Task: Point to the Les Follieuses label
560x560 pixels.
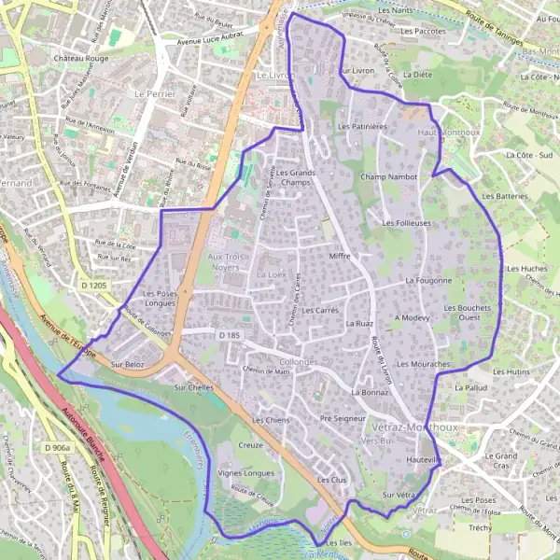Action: coord(407,224)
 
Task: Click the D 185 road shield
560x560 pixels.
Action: coord(229,334)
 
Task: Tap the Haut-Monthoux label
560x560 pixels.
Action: coord(441,134)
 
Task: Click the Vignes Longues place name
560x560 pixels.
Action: coord(245,473)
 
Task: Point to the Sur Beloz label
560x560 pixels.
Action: coord(128,364)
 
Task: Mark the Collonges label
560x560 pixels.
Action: coord(299,361)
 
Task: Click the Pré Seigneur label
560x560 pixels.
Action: coord(342,419)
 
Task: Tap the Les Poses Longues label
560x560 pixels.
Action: coord(161,299)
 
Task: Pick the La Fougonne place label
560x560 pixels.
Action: coord(428,280)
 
